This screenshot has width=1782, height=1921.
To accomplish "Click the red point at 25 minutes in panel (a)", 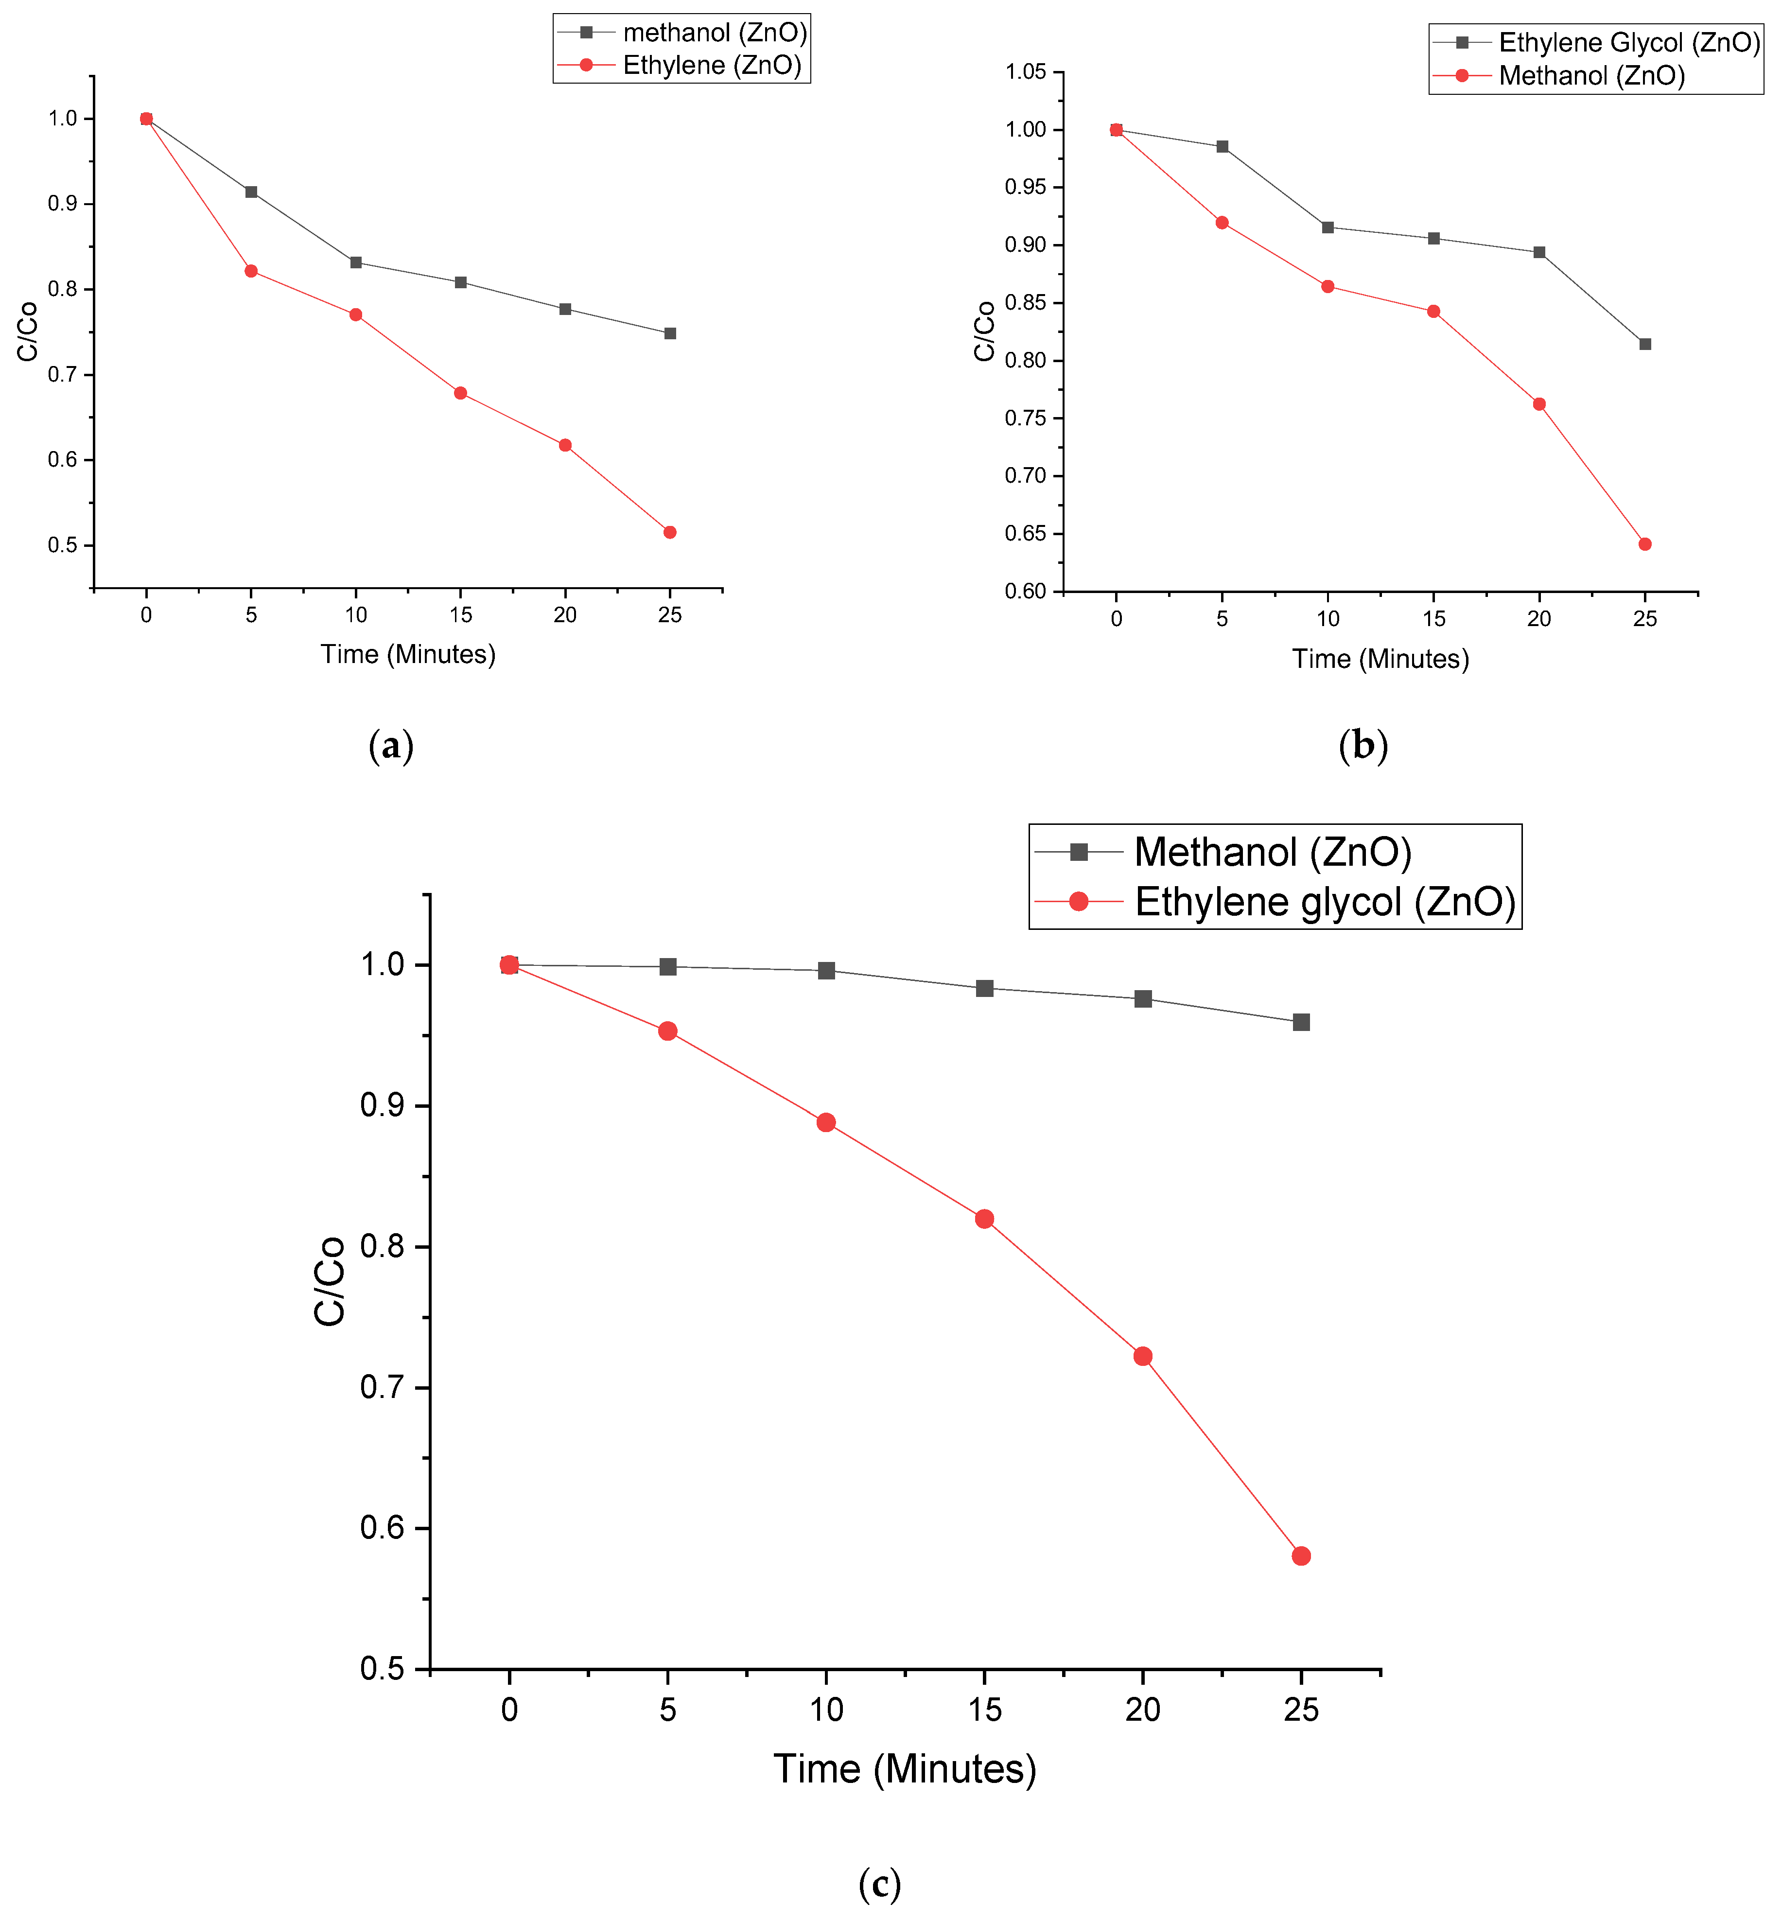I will tap(670, 532).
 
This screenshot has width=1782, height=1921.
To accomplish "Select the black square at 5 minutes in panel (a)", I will tap(251, 192).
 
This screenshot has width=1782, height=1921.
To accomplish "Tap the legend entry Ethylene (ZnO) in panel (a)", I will tap(712, 66).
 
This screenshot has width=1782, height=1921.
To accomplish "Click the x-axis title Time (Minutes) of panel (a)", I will tap(408, 655).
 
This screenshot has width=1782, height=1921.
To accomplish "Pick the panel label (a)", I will tap(390, 746).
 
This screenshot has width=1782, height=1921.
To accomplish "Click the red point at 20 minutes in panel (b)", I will tap(1539, 404).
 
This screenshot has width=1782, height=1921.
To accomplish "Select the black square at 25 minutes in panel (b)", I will tap(1645, 344).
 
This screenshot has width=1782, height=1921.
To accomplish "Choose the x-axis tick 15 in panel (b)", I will tap(1434, 619).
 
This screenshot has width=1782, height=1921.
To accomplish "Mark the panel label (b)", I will tap(1363, 746).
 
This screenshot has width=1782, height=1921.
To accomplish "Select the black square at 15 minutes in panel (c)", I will tap(984, 989).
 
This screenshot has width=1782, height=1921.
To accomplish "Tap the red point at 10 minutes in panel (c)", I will tap(825, 1122).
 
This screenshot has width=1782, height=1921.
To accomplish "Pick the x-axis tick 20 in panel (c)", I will tap(1143, 1711).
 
